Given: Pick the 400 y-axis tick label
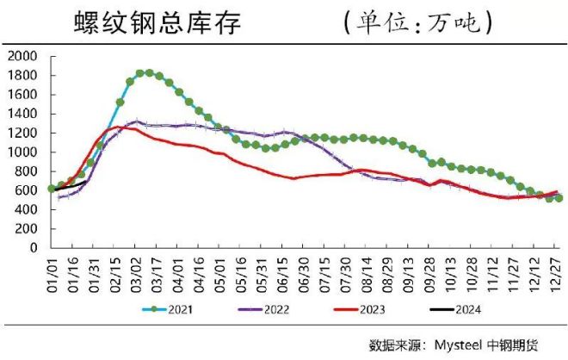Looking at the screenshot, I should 23,209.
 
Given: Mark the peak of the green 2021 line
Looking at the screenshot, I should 149,73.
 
